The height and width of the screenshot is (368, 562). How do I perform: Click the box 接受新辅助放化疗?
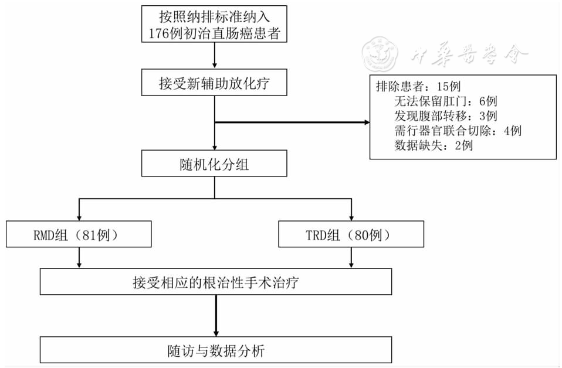[214, 83]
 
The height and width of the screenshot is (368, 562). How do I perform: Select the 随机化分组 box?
[214, 164]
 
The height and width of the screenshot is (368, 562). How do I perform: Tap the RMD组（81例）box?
[79, 236]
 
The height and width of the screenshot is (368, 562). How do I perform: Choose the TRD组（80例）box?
[351, 236]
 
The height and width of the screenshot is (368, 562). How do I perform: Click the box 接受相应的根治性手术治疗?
[216, 282]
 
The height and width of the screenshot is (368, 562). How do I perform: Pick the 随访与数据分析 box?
[216, 350]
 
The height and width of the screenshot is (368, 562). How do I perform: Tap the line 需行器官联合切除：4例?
[458, 130]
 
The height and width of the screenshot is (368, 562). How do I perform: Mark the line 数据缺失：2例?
[434, 145]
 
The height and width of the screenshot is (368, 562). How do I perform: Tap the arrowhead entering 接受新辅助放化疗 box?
[214, 66]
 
